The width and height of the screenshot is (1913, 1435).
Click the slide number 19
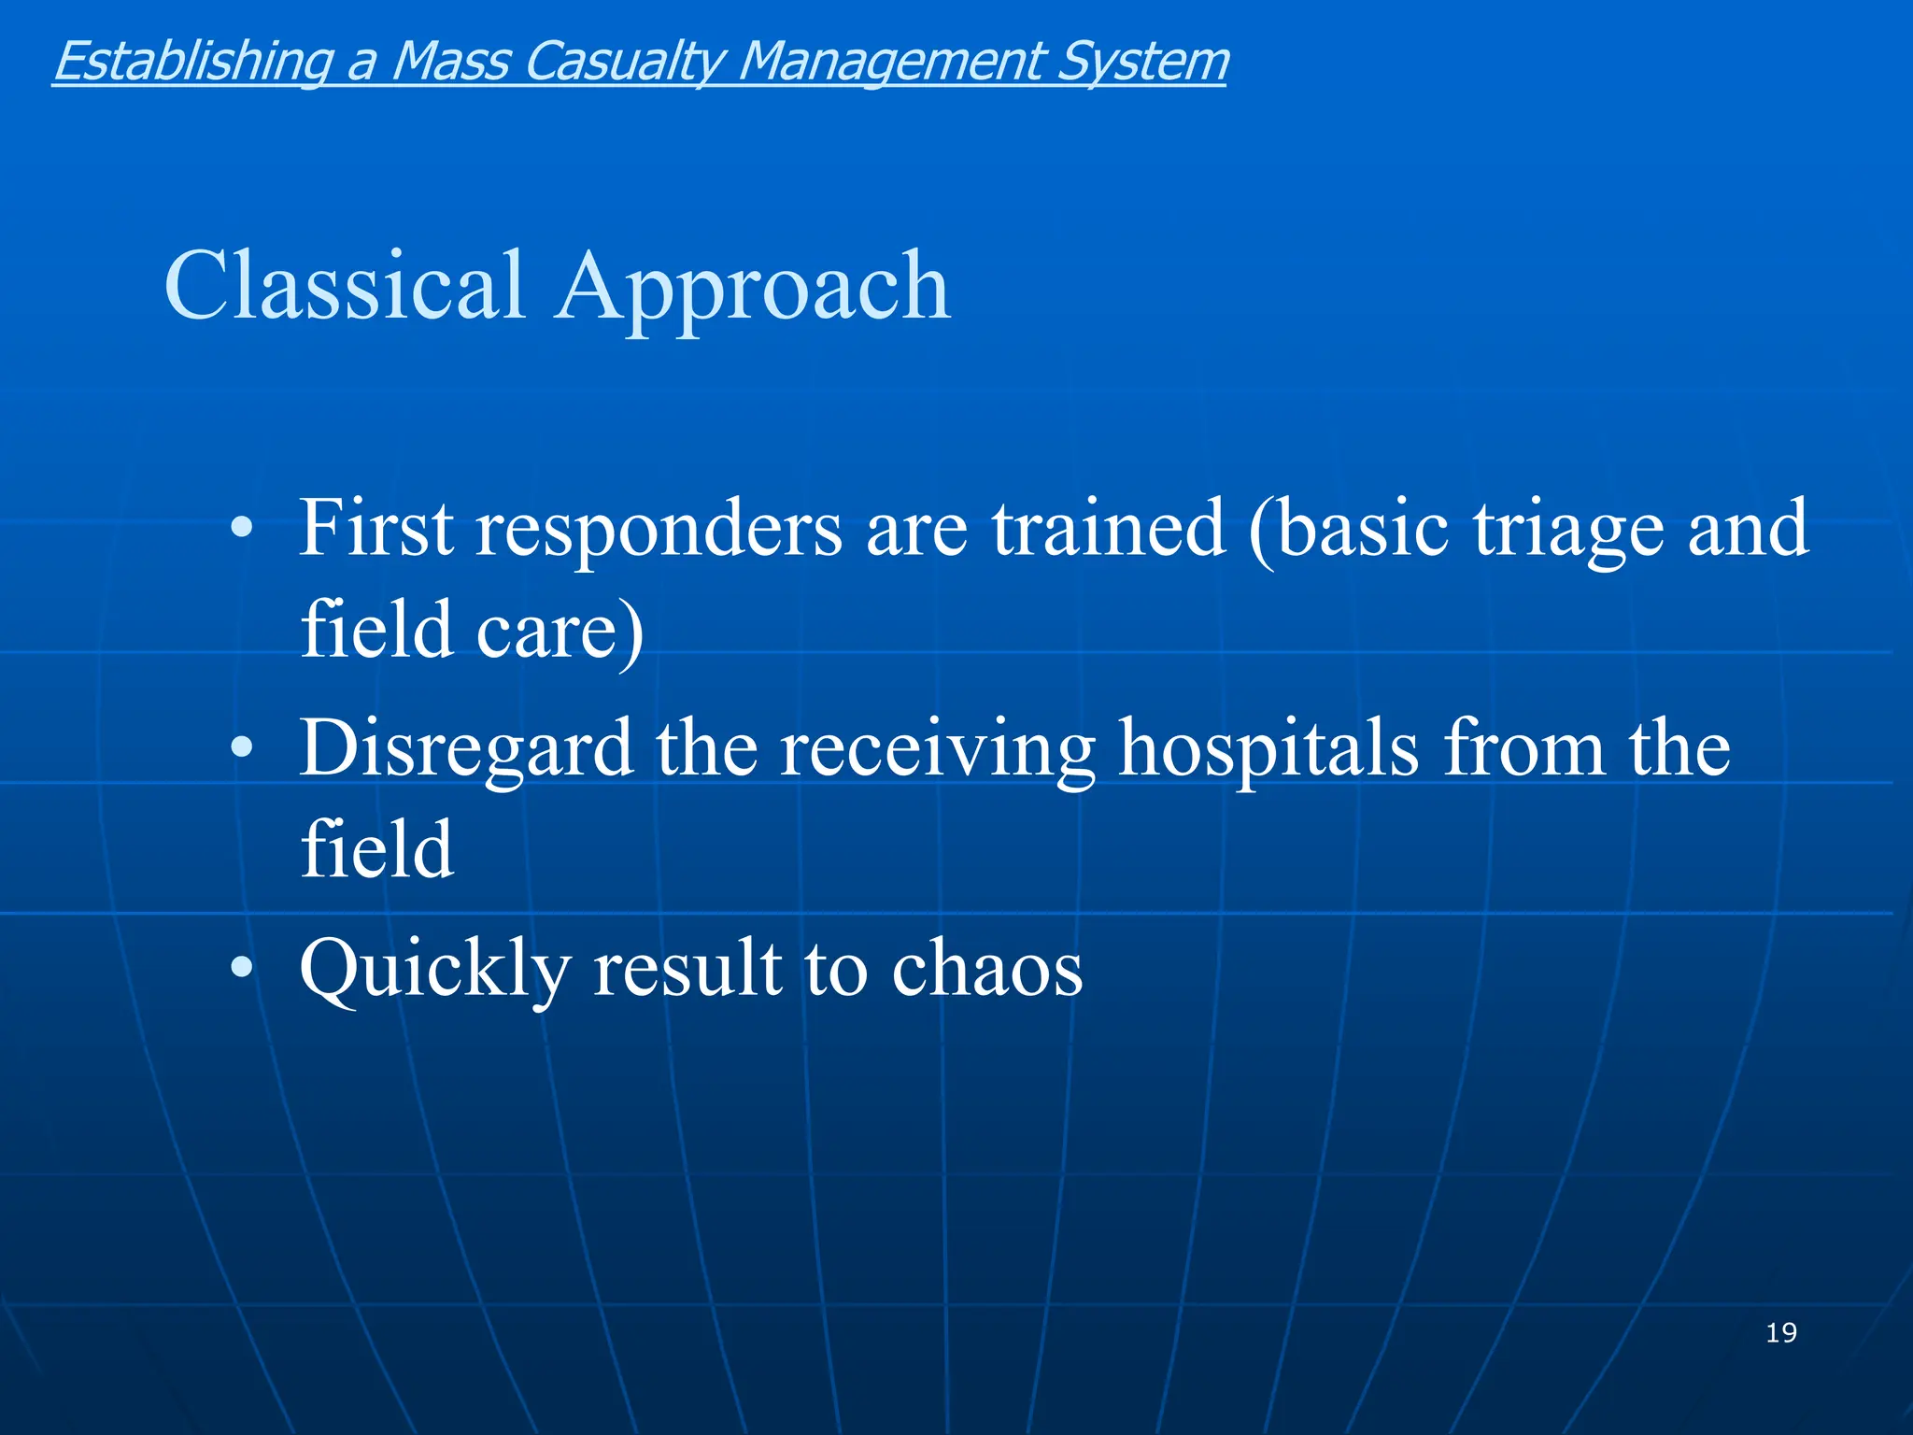coord(1780,1332)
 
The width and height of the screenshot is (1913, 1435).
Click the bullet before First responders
coord(241,529)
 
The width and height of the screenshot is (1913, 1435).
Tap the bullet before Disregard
coord(241,748)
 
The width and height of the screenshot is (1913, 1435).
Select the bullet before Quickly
coord(241,969)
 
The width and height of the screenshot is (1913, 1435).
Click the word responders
coord(659,529)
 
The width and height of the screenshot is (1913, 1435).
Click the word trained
coord(1109,529)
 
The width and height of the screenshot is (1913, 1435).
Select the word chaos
coord(986,969)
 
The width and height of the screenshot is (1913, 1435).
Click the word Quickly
coord(434,969)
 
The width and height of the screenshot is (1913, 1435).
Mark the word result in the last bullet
coord(687,969)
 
